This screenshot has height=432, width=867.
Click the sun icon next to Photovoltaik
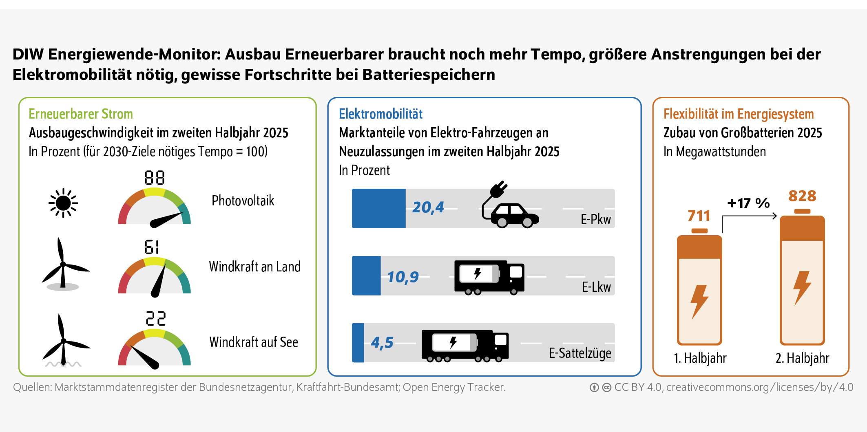pyautogui.click(x=63, y=203)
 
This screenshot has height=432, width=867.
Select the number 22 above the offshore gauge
pyautogui.click(x=156, y=319)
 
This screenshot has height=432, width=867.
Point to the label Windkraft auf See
pyautogui.click(x=253, y=342)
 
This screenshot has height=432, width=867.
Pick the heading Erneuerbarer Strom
pyautogui.click(x=81, y=114)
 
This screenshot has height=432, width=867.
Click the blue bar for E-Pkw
pyautogui.click(x=378, y=208)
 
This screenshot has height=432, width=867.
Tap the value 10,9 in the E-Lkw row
pyautogui.click(x=403, y=277)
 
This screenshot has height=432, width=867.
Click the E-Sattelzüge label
pyautogui.click(x=579, y=353)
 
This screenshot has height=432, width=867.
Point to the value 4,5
pyautogui.click(x=382, y=343)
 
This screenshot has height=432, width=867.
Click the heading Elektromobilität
pyautogui.click(x=380, y=114)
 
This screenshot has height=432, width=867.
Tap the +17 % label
pyautogui.click(x=748, y=203)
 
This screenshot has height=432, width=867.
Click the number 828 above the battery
pyautogui.click(x=802, y=196)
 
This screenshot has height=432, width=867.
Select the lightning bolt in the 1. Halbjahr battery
pyautogui.click(x=699, y=302)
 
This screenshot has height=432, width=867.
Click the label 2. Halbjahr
pyautogui.click(x=802, y=358)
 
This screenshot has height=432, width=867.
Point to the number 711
pyautogui.click(x=699, y=216)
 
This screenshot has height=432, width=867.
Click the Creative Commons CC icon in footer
pyautogui.click(x=607, y=388)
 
